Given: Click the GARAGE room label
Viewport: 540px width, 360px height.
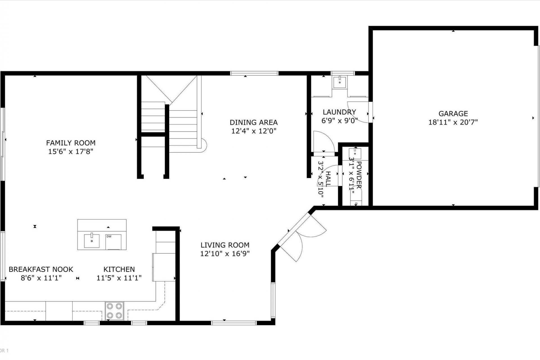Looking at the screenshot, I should (453, 114).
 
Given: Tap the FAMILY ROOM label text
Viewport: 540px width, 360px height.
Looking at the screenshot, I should (71, 143).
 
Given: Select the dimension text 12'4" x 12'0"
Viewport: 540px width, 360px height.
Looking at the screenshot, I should (254, 131).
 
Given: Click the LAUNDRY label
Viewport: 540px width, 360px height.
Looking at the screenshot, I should (339, 112).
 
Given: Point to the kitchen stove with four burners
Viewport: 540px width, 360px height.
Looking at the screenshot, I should (114, 311).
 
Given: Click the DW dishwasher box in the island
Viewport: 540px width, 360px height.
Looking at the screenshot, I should (113, 242).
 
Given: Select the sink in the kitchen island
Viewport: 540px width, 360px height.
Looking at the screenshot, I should (92, 241).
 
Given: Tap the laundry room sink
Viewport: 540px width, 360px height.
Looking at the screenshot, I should (340, 82).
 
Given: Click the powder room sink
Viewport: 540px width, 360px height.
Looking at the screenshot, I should (355, 154).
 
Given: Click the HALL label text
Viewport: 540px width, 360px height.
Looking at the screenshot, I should (328, 179).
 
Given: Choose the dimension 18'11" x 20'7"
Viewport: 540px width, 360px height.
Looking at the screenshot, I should (453, 122).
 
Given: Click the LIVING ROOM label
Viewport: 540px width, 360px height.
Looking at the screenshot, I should (225, 245).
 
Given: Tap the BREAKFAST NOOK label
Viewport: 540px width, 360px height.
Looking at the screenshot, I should (41, 269).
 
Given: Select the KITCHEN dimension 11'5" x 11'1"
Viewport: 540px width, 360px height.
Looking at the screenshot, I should (119, 278).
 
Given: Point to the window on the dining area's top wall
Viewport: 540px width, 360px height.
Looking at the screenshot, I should (254, 73).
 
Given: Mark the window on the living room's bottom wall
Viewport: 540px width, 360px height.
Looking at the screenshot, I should (234, 323).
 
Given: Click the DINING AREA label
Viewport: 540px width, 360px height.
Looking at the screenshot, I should (253, 122).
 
